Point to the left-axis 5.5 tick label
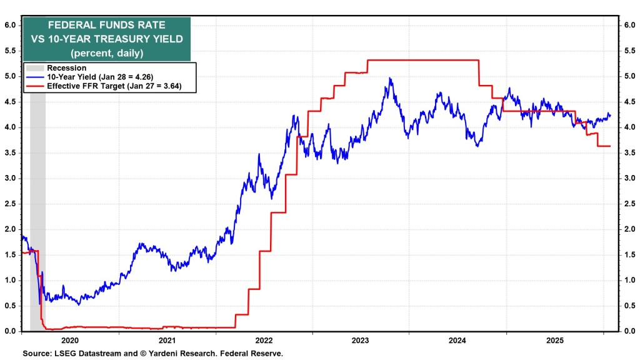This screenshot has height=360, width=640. pyautogui.click(x=11, y=51)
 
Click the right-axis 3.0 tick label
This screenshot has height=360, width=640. pyautogui.click(x=627, y=178)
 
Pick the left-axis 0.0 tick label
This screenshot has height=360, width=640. pyautogui.click(x=11, y=331)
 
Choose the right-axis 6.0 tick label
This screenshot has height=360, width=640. pyautogui.click(x=627, y=25)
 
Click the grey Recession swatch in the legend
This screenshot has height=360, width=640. pyautogui.click(x=35, y=68)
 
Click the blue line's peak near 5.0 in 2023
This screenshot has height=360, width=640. pyautogui.click(x=390, y=78)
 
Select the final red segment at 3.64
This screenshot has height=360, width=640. pyautogui.click(x=604, y=146)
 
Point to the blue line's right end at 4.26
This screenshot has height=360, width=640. pyautogui.click(x=610, y=115)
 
